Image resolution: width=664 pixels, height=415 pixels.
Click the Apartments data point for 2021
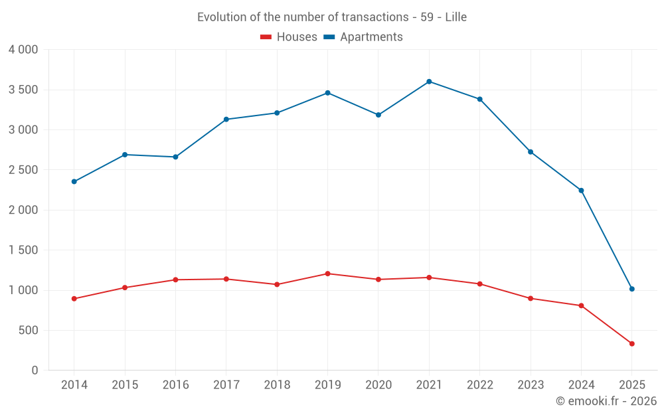429,82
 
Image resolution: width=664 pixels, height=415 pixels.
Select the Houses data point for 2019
327,274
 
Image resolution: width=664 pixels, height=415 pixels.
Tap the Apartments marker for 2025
631,289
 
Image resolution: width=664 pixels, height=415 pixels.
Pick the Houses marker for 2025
631,343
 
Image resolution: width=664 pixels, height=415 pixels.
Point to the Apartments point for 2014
74,181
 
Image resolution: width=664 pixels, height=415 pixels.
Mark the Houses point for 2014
74,299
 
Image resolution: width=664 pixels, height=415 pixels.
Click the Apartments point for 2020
378,115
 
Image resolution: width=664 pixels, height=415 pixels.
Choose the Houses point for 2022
479,284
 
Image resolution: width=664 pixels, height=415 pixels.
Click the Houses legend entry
289,37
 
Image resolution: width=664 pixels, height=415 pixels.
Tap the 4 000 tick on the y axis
23,50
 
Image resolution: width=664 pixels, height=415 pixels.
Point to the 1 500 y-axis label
23,250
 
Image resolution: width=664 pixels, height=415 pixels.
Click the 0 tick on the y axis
35,371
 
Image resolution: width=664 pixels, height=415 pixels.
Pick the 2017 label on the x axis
226,385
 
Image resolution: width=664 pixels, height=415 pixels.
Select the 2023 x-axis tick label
531,385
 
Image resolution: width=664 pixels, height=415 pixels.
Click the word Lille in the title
456,17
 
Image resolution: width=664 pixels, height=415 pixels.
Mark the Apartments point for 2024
581,191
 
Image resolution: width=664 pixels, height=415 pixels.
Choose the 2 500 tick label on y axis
23,170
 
